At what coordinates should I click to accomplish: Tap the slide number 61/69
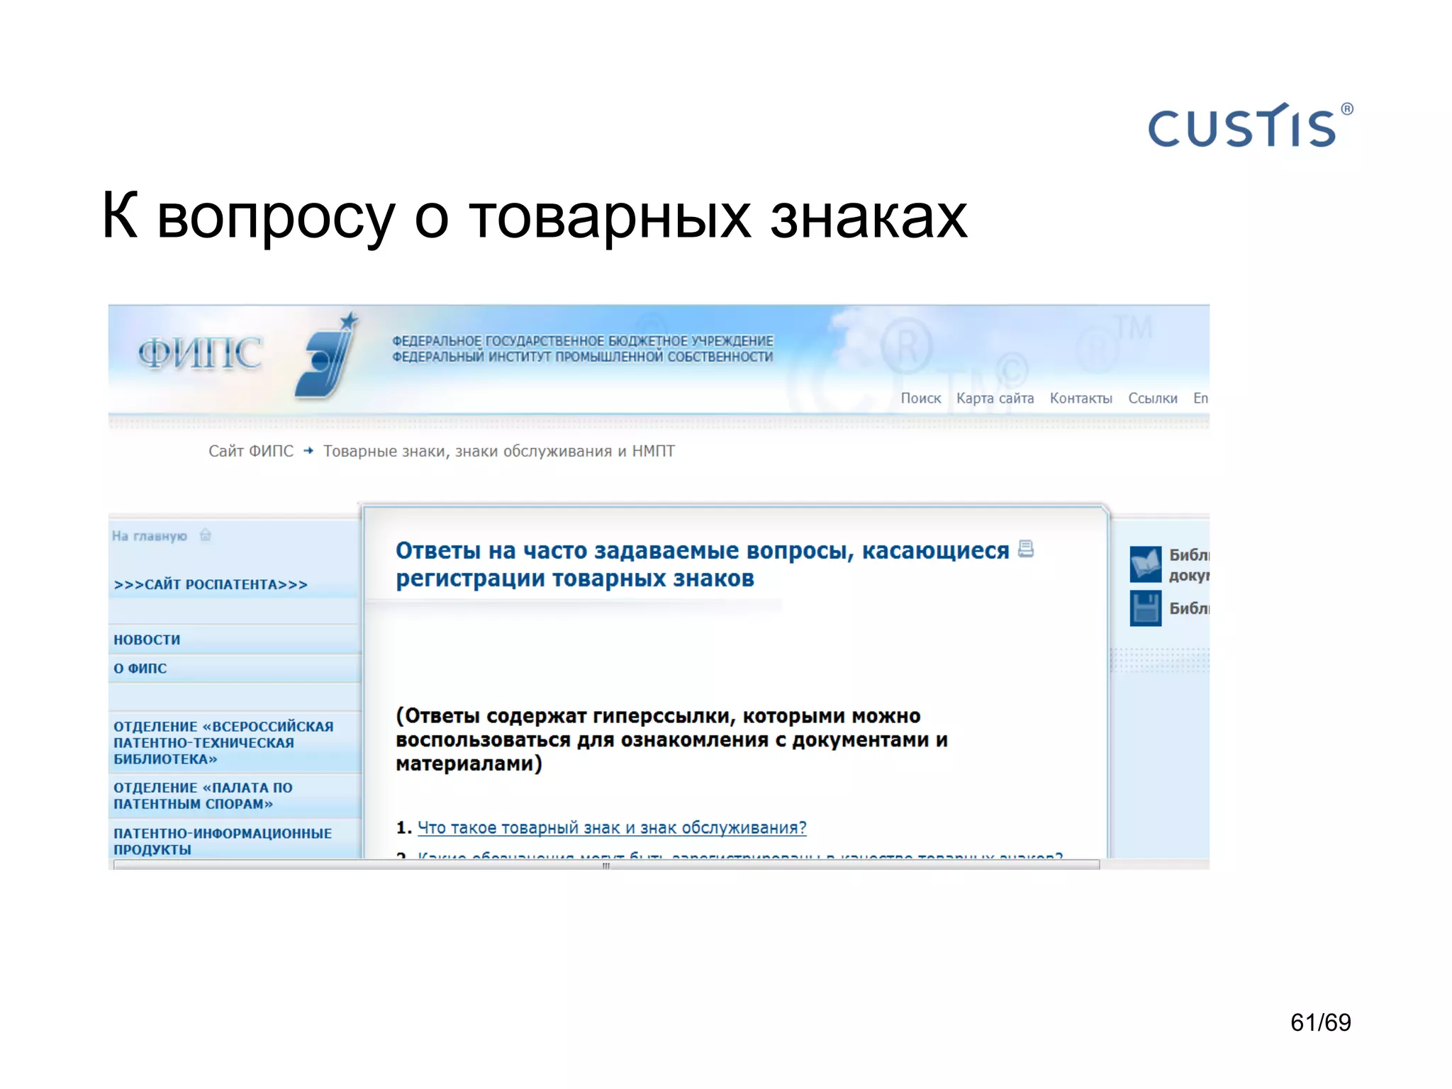pyautogui.click(x=1320, y=1022)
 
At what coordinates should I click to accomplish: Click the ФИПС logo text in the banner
pyautogui.click(x=200, y=353)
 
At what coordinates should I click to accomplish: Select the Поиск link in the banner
pyautogui.click(x=920, y=398)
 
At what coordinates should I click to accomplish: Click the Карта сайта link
pyautogui.click(x=995, y=398)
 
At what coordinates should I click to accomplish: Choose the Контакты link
pyautogui.click(x=1080, y=398)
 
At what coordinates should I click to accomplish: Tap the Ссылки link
pyautogui.click(x=1152, y=398)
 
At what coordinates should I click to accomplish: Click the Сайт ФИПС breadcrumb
pyautogui.click(x=250, y=451)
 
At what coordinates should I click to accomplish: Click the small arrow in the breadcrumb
pyautogui.click(x=308, y=451)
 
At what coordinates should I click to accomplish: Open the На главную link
pyautogui.click(x=150, y=536)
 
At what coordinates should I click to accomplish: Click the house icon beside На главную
pyautogui.click(x=206, y=535)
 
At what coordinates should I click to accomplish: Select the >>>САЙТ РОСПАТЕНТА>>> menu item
pyautogui.click(x=211, y=585)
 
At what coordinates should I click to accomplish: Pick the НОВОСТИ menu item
pyautogui.click(x=147, y=640)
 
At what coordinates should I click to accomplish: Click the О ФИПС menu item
pyautogui.click(x=140, y=669)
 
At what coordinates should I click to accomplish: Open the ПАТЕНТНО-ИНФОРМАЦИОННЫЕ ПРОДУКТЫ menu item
pyautogui.click(x=222, y=841)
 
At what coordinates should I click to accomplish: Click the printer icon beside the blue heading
pyautogui.click(x=1026, y=549)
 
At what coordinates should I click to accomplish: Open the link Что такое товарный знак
pyautogui.click(x=612, y=827)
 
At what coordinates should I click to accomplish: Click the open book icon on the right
pyautogui.click(x=1145, y=564)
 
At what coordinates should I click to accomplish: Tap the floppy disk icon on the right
pyautogui.click(x=1145, y=608)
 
